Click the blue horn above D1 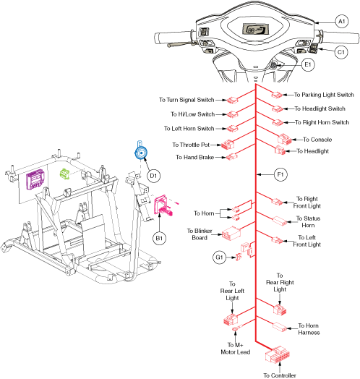(137, 152)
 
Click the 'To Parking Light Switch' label (323, 95)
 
